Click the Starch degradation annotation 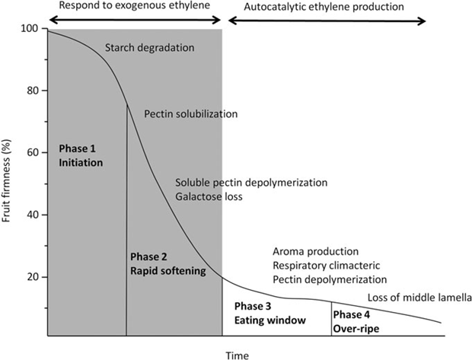point(149,49)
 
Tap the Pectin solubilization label point(191,114)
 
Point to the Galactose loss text point(208,197)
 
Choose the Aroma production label point(314,251)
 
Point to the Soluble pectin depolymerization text point(251,183)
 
